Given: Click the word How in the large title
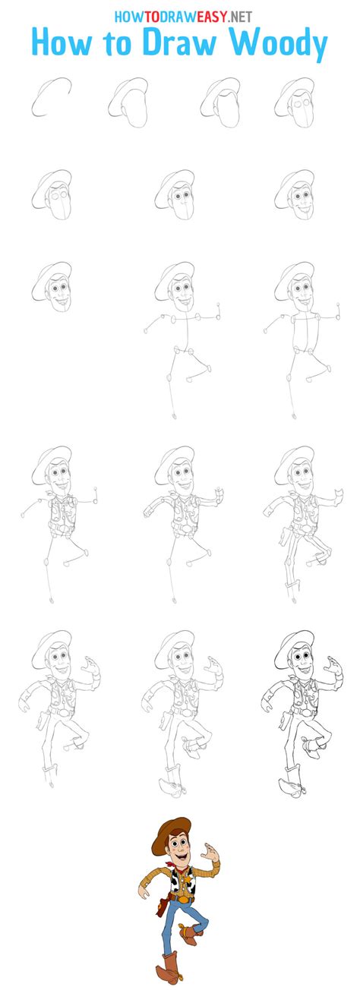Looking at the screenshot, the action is pos(62,43).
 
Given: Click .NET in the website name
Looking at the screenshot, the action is pos(239,17).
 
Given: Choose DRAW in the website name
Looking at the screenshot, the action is pos(174,17).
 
